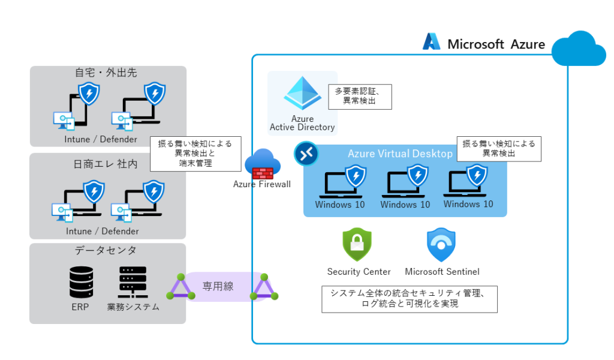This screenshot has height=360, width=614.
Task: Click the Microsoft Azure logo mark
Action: [432, 41]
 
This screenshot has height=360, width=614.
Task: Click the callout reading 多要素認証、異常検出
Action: [360, 97]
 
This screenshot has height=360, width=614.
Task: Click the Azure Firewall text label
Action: [262, 184]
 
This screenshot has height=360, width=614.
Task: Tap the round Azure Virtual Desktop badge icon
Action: [306, 154]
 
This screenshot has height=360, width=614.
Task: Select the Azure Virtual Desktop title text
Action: [400, 154]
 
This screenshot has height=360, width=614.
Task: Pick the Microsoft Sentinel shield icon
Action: [441, 245]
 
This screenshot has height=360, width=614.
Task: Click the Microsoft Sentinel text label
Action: [442, 272]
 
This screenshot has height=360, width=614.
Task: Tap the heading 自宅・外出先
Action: [106, 73]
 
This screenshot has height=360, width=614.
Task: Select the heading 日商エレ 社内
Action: [107, 164]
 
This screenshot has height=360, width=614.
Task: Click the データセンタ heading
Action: [106, 250]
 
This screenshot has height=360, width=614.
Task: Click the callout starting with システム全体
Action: [410, 299]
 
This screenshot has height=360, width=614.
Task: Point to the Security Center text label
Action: [359, 272]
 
